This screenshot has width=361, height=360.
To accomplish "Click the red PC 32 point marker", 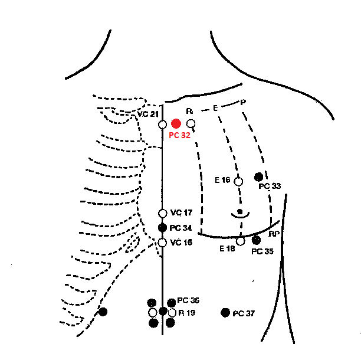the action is point(176,124).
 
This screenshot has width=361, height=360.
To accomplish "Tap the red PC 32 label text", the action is point(179,135).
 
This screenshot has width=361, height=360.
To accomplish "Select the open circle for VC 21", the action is point(163,125).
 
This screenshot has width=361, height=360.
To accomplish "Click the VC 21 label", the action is point(148,114).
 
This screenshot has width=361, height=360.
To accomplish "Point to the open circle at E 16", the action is point(238,182).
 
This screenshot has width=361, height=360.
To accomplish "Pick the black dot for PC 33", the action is point(258,177).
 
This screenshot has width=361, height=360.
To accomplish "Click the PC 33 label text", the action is point(270,186).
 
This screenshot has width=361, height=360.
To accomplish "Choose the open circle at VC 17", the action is point(163,214).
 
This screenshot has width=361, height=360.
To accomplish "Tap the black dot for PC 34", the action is point(162,228).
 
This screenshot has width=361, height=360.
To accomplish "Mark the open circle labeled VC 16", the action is point(162,243).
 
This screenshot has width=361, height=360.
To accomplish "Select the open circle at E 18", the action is point(240,241).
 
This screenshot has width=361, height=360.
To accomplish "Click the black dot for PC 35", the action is point(256,240).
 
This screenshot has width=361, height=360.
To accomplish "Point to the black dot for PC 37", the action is point(225,313).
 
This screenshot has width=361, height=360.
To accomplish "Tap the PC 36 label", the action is point(188,300).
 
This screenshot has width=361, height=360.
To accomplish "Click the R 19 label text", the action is point(187,313).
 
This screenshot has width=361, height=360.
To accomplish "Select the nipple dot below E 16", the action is point(240,211).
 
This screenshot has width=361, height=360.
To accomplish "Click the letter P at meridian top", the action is point(243,102).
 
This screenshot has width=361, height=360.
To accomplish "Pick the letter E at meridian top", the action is point(215,108).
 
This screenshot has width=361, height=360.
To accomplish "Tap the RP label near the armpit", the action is point(274,234).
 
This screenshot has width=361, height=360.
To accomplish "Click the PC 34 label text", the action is point(180,228).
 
